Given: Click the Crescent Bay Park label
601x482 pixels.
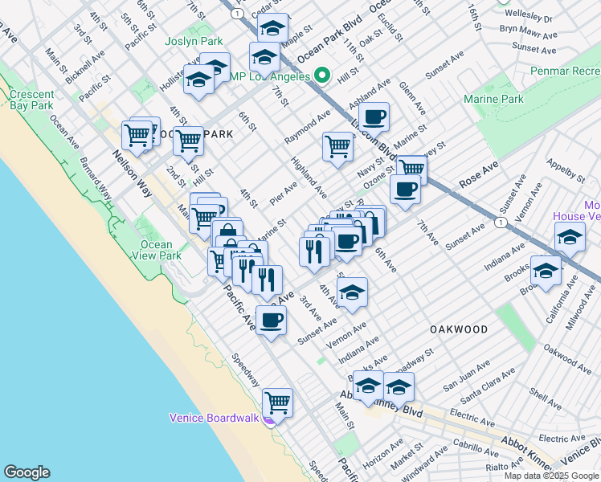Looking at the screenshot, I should (32, 100).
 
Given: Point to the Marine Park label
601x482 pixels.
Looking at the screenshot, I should (493, 99).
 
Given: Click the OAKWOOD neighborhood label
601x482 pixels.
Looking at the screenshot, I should (458, 329).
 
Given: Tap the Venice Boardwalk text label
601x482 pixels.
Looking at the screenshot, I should (214, 417).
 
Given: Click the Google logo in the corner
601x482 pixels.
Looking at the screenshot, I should (27, 472).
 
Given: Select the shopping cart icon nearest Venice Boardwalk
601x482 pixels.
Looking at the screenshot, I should (277, 401).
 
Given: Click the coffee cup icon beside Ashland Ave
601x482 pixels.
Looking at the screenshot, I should (374, 116).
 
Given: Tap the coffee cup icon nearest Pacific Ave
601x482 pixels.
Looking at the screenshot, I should (271, 319).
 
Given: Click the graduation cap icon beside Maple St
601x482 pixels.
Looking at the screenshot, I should (273, 27).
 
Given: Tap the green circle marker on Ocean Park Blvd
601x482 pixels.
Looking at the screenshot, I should (322, 76).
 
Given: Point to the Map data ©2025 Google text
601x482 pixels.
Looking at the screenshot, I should (550, 475).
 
